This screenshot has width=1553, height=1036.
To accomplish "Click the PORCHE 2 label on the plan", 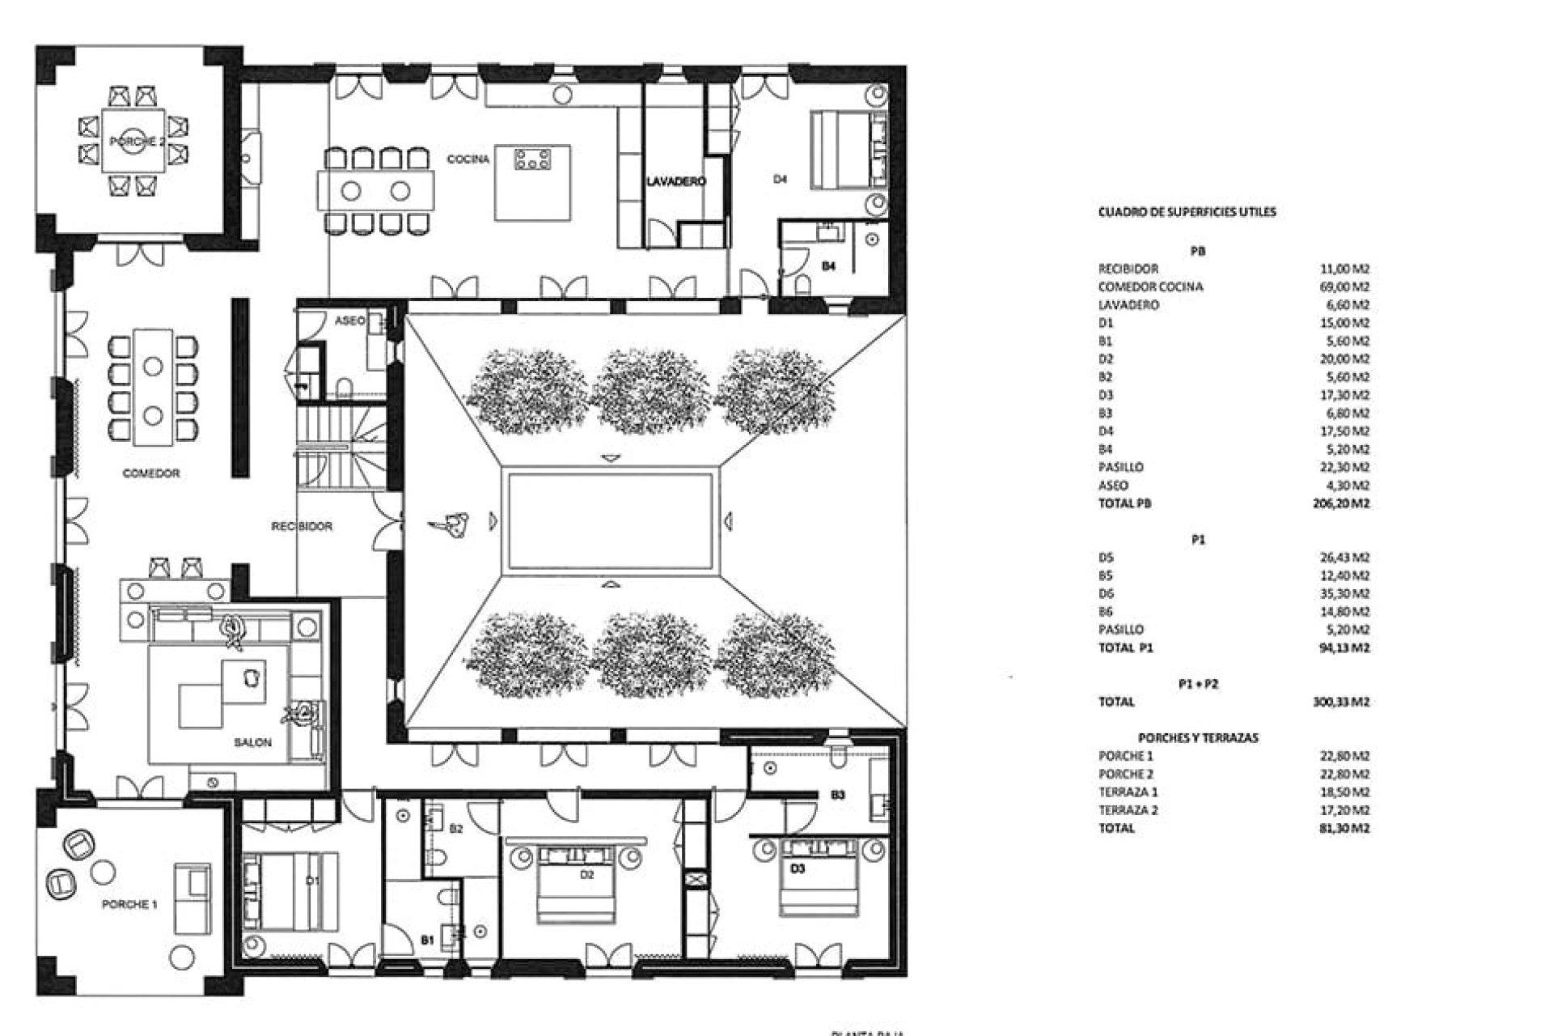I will pyautogui.click(x=137, y=142).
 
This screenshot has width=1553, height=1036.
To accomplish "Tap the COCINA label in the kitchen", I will pyautogui.click(x=468, y=159).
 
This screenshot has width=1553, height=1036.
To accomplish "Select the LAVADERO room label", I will pyautogui.click(x=675, y=181).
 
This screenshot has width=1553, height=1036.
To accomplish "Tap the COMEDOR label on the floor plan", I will pyautogui.click(x=151, y=473).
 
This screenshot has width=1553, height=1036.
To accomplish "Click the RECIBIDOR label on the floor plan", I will pyautogui.click(x=302, y=526).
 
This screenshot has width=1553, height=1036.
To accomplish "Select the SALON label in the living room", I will pyautogui.click(x=252, y=742).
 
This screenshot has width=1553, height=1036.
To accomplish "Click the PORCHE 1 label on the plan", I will pyautogui.click(x=129, y=904).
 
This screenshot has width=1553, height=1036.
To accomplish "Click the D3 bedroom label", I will pyautogui.click(x=798, y=868).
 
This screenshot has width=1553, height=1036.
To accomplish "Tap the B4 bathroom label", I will pyautogui.click(x=828, y=265).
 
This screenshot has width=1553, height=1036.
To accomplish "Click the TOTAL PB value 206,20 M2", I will pyautogui.click(x=1341, y=503).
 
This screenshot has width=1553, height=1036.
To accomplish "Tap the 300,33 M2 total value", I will pyautogui.click(x=1341, y=702).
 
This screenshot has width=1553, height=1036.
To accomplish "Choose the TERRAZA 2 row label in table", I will pyautogui.click(x=1128, y=810).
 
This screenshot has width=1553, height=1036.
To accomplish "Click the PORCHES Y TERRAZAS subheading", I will pyautogui.click(x=1198, y=738).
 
